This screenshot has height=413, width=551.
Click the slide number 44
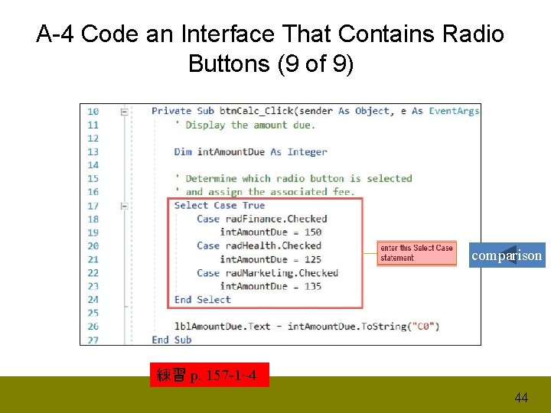(521, 398)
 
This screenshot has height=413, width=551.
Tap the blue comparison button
(507, 255)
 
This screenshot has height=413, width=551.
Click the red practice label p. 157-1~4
(209, 375)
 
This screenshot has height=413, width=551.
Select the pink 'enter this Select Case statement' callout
(417, 253)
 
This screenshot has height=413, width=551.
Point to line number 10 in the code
(93, 112)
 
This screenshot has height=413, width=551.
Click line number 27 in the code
(93, 340)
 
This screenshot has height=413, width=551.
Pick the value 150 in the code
(312, 233)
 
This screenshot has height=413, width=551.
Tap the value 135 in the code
(312, 286)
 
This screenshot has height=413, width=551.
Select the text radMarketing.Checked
(282, 273)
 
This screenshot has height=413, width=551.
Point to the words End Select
(202, 300)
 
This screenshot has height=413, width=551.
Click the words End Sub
(171, 340)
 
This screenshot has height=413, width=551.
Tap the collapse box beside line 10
(124, 112)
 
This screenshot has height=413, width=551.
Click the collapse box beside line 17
(124, 206)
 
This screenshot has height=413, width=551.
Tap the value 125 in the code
(312, 259)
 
